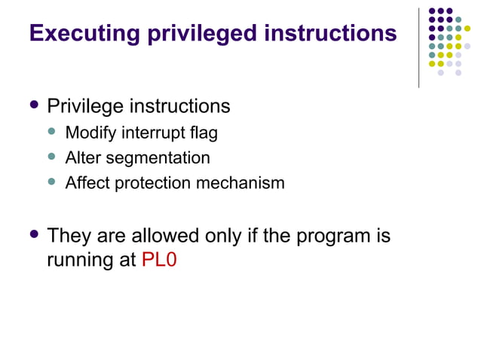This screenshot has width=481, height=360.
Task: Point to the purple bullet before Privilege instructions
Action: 32,105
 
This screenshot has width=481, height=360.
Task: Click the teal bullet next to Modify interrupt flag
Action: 52,133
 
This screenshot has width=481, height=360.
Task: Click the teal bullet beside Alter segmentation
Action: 52,157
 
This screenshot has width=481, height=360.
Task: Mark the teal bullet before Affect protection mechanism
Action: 52,182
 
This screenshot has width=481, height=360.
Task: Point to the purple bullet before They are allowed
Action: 32,235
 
